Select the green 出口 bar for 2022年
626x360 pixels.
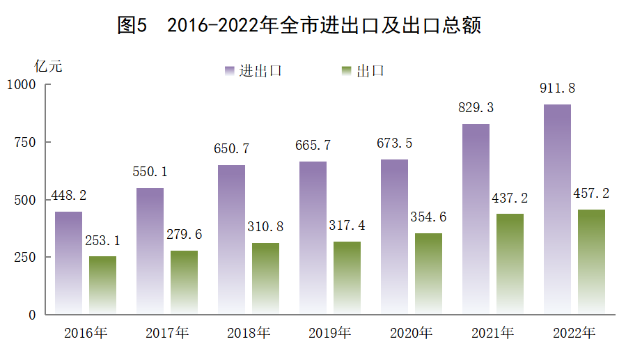(590, 262)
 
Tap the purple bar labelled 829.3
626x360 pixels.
(476, 219)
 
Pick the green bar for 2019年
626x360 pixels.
(347, 278)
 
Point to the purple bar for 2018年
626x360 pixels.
(231, 240)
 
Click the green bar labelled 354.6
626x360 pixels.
(428, 273)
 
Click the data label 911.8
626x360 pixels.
(557, 88)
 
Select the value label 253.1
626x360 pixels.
(103, 241)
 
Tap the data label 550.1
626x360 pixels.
(150, 172)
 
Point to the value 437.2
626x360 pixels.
(510, 198)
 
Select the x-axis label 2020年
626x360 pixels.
(412, 333)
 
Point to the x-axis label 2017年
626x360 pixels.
(167, 333)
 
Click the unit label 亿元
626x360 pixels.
(48, 67)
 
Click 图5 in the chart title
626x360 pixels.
(133, 26)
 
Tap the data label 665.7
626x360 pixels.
(313, 146)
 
